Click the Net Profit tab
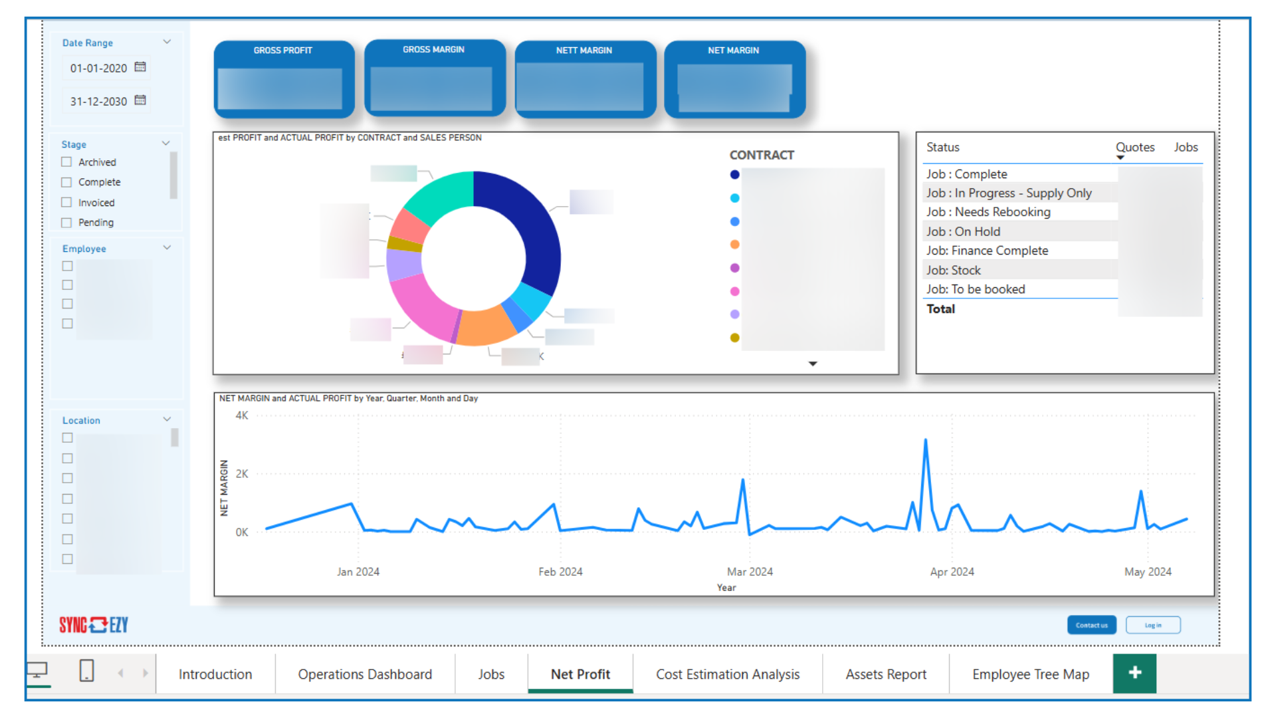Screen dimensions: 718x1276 point(580,674)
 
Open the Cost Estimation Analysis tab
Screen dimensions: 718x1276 point(728,674)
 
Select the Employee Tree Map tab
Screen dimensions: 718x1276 point(1030,674)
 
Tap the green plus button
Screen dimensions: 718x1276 point(1134,673)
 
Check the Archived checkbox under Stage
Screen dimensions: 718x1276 point(66,162)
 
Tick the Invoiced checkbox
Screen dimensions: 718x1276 point(66,203)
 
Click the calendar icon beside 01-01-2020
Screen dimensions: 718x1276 point(140,67)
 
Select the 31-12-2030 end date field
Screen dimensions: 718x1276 point(99,101)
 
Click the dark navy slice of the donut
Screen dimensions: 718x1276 point(532,226)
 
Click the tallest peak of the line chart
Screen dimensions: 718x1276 point(925,441)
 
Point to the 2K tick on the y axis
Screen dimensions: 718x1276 point(242,474)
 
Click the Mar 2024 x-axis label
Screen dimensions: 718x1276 point(750,572)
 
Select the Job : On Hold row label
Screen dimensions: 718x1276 point(963,231)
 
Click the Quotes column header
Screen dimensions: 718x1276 point(1134,148)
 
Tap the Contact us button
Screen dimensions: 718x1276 point(1091,625)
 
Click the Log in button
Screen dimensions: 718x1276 point(1153,625)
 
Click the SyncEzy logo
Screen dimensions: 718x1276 point(94,625)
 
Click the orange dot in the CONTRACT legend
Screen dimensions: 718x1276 point(734,245)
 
